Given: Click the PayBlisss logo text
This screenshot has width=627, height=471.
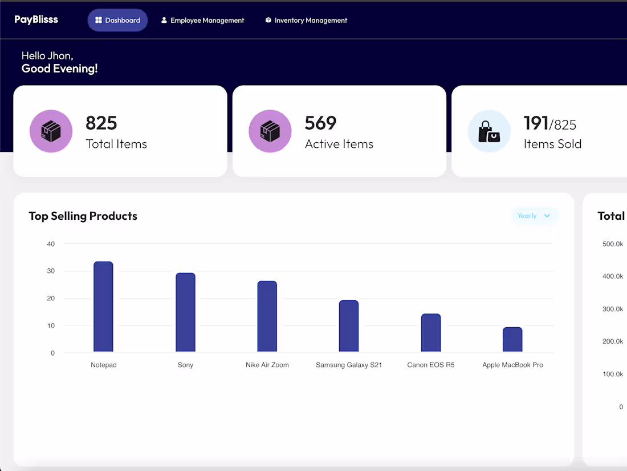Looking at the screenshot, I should coord(36,19).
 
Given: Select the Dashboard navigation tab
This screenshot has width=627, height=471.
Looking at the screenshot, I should coord(117,20).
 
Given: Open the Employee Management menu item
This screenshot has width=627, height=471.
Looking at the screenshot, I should coord(202,20).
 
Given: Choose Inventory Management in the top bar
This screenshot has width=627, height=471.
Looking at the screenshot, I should coord(306,20).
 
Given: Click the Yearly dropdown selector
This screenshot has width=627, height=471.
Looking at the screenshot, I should coord(534,216).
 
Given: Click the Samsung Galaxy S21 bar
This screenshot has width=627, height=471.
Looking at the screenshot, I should coord(349,326).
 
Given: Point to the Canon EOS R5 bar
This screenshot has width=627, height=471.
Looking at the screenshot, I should coord(431,333).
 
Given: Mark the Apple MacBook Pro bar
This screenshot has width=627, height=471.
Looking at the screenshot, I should coord(512,339).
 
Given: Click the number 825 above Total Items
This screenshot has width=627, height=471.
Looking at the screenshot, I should coord(101,123).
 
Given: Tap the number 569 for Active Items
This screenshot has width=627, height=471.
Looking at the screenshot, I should coord(320,123).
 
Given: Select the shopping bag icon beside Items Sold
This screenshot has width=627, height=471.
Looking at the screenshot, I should coord(489,131).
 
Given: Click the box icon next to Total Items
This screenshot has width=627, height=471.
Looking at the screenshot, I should coord(51,131).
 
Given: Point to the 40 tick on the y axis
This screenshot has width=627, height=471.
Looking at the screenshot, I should coord(51,244).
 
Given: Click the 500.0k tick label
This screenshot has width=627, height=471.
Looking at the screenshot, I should coord(613,244).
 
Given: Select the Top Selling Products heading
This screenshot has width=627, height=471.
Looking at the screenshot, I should coord(83,216).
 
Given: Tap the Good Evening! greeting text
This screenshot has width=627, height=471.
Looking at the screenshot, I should coord(60,69).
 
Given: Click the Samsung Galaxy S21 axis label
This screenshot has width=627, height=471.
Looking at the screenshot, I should coord(349,365).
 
